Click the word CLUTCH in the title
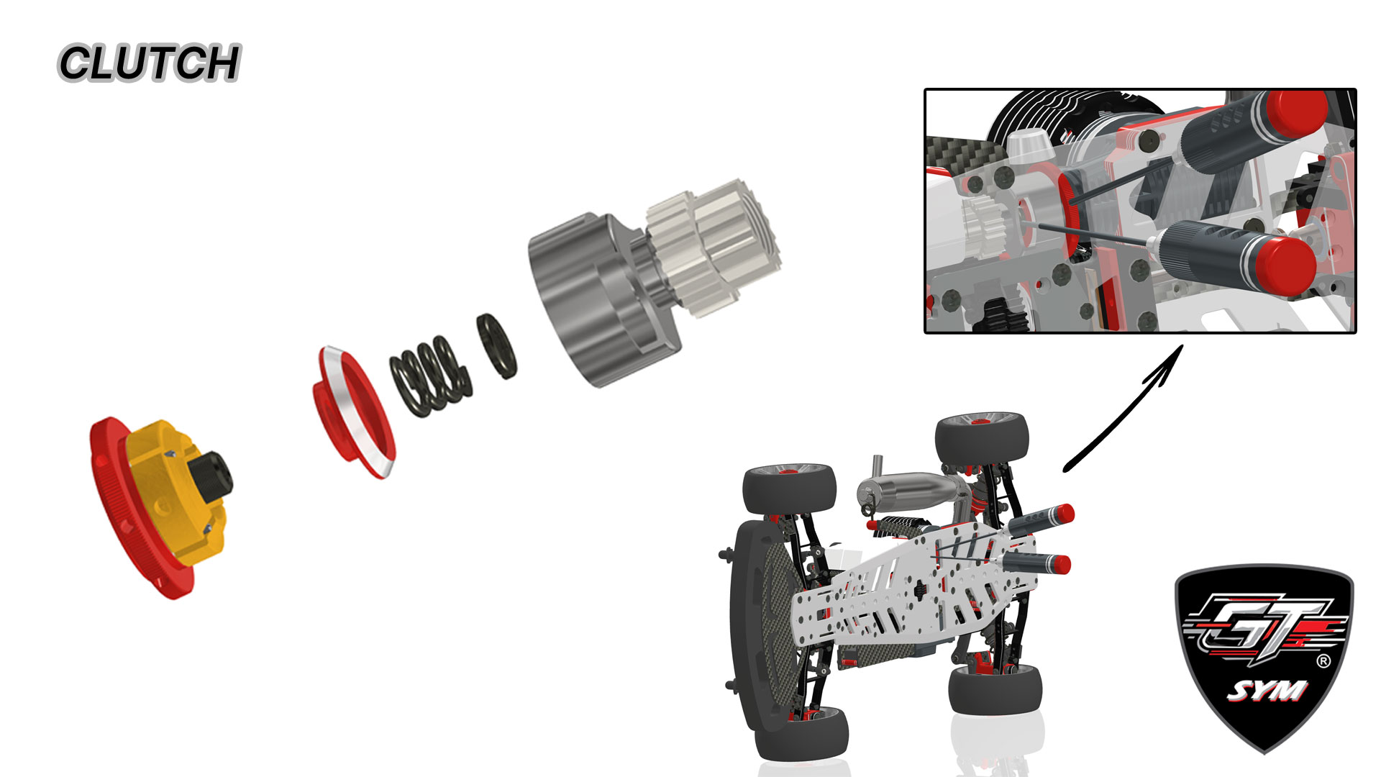tap(149, 63)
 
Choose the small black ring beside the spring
tap(496, 346)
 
